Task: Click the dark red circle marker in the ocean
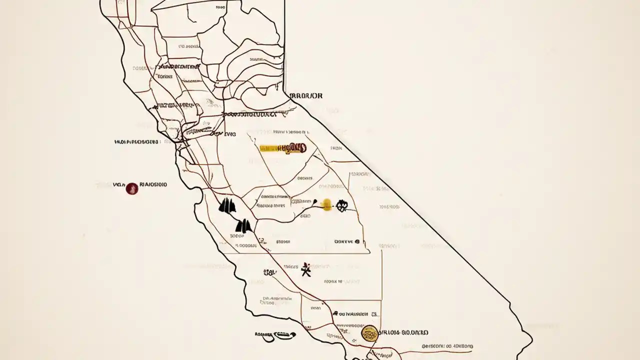pos(131,188)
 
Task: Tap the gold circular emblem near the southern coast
pos(369,333)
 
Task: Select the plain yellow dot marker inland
pos(326,204)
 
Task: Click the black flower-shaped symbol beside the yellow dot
pos(342,205)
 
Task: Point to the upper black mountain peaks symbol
pos(227,206)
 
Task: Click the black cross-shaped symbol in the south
pos(306,269)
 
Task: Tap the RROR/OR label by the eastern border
pos(306,95)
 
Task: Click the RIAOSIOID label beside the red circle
pos(152,184)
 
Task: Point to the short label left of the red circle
pos(118,184)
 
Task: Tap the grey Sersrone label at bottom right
pos(447,346)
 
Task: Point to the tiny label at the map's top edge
pos(220,7)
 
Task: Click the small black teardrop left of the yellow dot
pos(316,202)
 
